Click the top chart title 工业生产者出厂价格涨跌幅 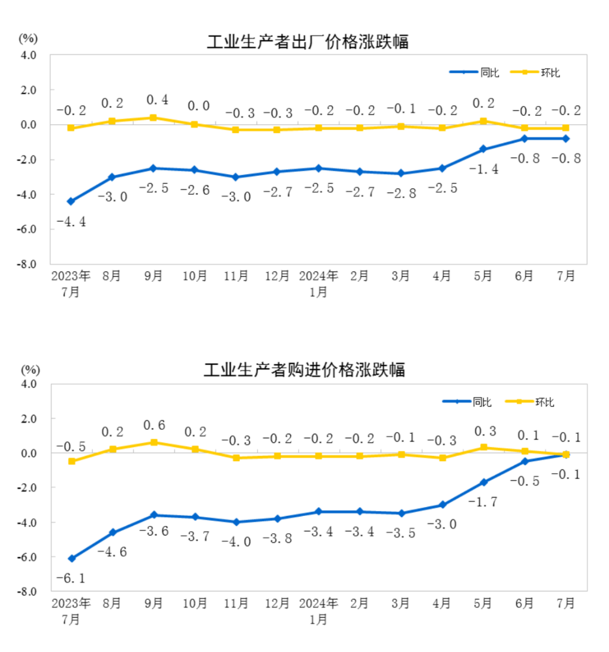[307, 42]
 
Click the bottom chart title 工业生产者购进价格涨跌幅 [304, 370]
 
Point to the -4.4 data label [71, 222]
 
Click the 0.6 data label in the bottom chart [153, 426]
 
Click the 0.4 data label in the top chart [153, 99]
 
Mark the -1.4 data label [483, 169]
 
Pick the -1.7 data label [483, 502]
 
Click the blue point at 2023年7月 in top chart [71, 201]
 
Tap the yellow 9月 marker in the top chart [153, 118]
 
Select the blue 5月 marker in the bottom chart [484, 482]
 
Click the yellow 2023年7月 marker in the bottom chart [71, 461]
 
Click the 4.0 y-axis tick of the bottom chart [29, 384]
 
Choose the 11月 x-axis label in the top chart [236, 276]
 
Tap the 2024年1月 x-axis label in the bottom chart [318, 610]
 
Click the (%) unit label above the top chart [29, 38]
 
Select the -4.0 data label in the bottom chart [236, 542]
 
